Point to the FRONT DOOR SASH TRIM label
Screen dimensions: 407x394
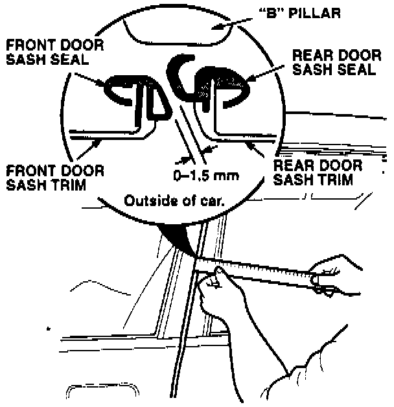point(54,177)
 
